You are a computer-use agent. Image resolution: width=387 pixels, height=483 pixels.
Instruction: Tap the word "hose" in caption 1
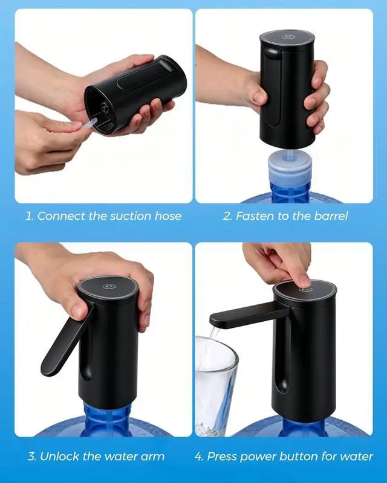pyautogui.click(x=168, y=216)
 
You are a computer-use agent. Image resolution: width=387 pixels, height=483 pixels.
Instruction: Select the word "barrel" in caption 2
pyautogui.click(x=331, y=216)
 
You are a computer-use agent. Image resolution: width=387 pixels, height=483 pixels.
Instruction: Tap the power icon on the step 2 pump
pyautogui.click(x=288, y=37)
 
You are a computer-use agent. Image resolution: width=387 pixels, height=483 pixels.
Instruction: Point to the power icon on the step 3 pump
pyautogui.click(x=109, y=286)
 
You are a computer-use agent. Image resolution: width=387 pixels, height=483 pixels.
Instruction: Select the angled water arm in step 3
pyautogui.click(x=67, y=341)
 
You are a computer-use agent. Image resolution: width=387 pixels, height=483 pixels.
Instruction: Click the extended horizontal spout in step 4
pyautogui.click(x=249, y=315)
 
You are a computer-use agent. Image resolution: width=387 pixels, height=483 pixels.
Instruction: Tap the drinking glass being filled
pyautogui.click(x=215, y=386)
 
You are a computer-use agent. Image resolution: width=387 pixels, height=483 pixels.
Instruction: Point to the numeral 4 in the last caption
pyautogui.click(x=198, y=456)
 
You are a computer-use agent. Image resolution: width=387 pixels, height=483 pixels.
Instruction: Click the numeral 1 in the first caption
pyautogui.click(x=28, y=216)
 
